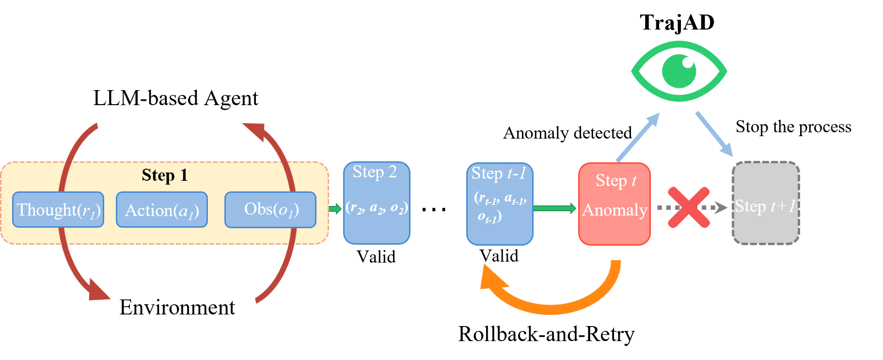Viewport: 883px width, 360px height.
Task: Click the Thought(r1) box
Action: coord(58,210)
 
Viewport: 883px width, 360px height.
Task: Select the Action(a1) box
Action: coord(162,210)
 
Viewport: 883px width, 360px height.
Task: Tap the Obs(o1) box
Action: coord(270,210)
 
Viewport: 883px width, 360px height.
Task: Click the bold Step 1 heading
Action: coord(164,175)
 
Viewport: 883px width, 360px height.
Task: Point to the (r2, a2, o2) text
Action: coord(377,207)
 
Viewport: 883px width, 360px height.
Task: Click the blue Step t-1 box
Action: coord(500,233)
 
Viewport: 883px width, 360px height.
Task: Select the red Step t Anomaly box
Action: coord(615,228)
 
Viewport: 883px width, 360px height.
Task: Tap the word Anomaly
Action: coord(615,210)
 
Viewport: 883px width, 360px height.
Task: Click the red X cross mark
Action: coord(689,207)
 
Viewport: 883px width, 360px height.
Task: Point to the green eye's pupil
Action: coord(679,71)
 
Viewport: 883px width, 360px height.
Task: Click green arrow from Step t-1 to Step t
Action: coord(555,208)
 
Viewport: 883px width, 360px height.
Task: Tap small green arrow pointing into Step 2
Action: coord(335,209)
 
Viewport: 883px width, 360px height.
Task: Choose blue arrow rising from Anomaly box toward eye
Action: coord(639,136)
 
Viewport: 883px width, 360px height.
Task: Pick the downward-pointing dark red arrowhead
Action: coord(98,291)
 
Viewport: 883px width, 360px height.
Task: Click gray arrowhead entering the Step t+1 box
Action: coord(722,207)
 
